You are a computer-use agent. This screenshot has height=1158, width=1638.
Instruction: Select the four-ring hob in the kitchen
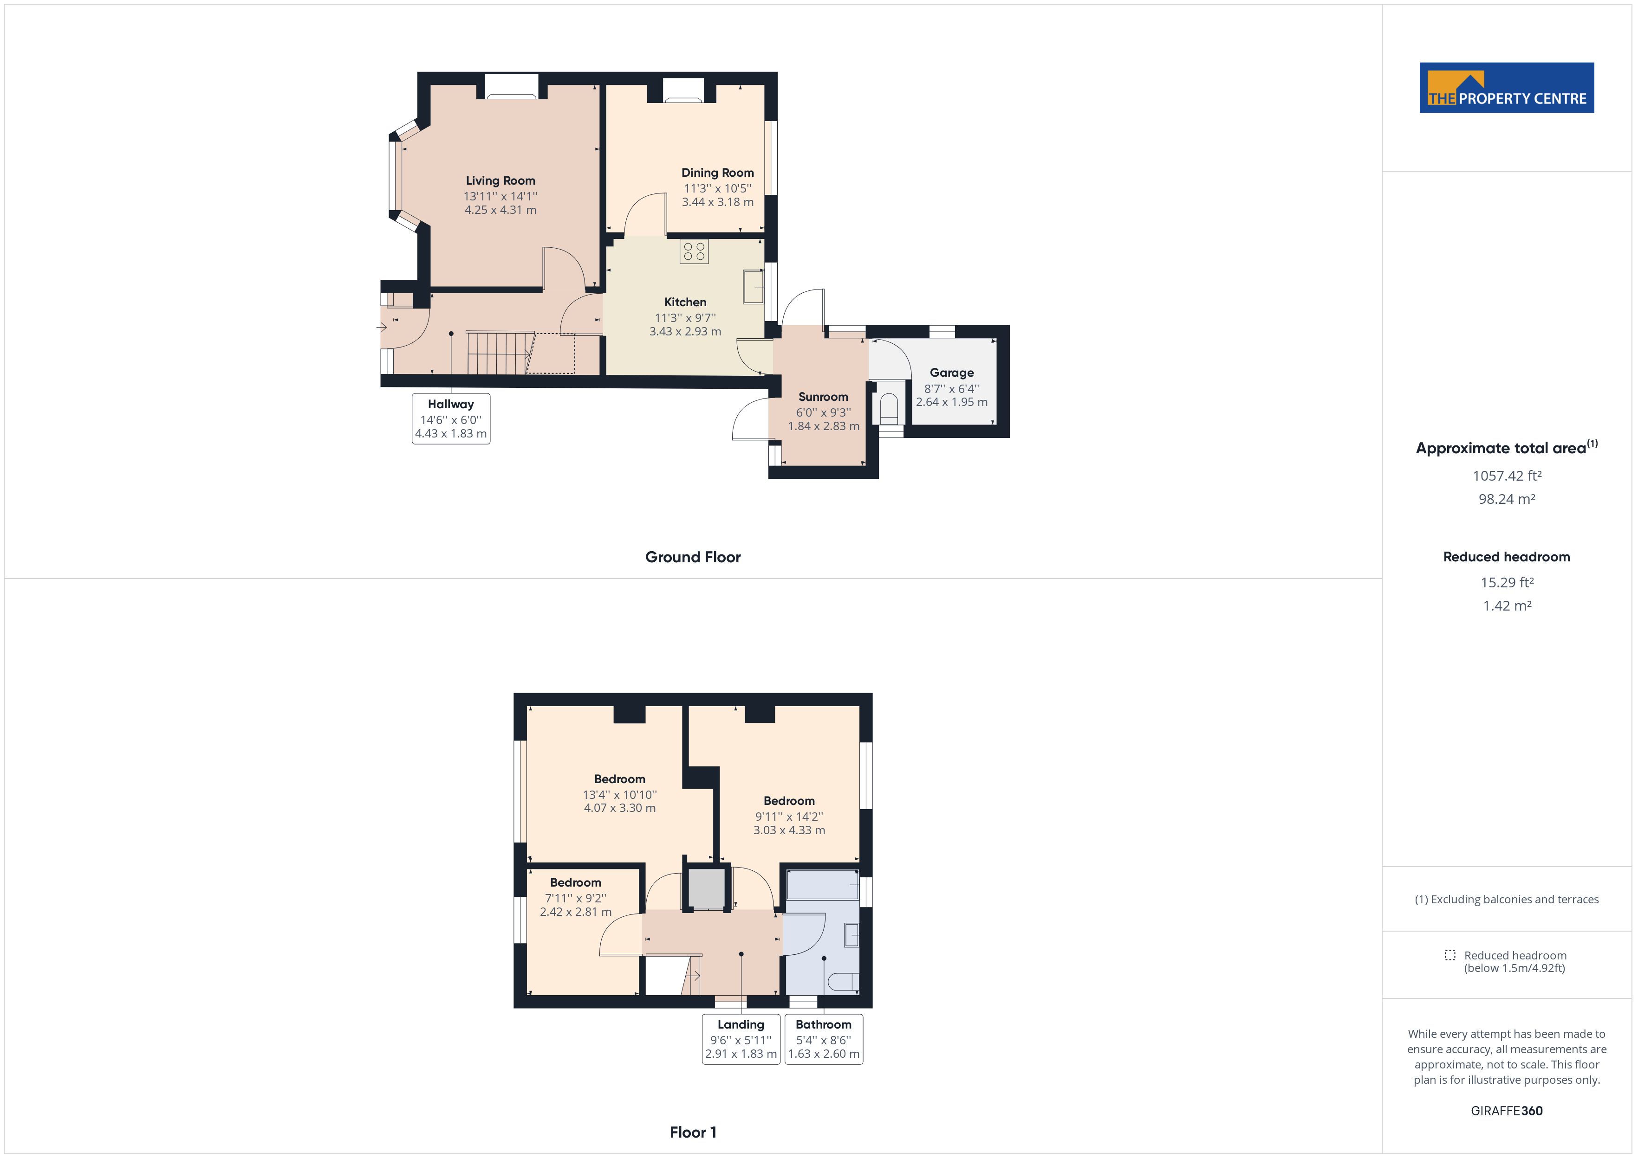tap(694, 251)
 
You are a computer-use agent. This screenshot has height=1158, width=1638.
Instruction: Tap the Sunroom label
tap(823, 397)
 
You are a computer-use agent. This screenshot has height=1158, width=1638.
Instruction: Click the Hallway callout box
tap(451, 418)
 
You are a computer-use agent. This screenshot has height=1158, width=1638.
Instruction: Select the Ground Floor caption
tap(693, 557)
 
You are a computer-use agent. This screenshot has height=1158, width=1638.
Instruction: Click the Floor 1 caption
tap(693, 1132)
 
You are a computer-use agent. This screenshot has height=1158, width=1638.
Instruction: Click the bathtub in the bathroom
tap(822, 885)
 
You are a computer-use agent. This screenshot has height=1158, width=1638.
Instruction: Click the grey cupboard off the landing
tap(706, 888)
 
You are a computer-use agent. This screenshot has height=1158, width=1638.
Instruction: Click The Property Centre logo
tap(1506, 88)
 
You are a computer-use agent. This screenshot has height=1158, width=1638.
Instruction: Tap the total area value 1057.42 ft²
tap(1506, 476)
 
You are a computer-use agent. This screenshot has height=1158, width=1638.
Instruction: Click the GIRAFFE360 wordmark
tap(1506, 1111)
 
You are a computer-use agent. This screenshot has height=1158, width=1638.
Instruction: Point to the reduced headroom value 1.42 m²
tap(1506, 606)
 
